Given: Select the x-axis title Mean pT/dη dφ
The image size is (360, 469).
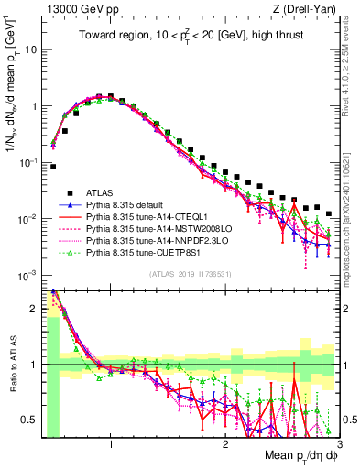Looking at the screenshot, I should (x=299, y=456).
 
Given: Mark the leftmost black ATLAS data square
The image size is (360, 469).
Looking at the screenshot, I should (x=54, y=167).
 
